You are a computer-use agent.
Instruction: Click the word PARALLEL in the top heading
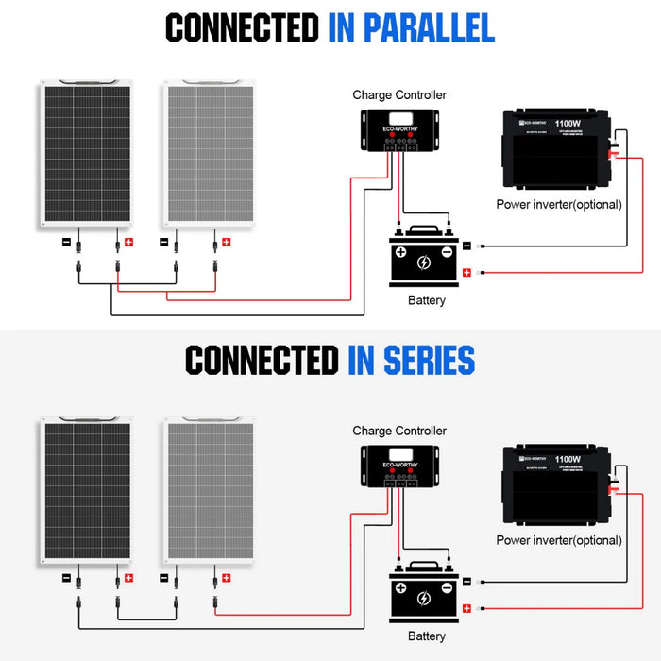(x=411, y=28)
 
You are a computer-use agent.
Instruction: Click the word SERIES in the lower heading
(x=411, y=361)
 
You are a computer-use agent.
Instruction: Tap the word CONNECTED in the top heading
(x=242, y=28)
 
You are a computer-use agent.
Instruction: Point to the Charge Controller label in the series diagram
(x=399, y=431)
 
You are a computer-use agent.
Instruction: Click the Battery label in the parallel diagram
(x=426, y=301)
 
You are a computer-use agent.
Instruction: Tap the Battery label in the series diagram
(x=426, y=636)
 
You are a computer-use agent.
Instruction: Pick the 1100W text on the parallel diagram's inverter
(x=568, y=122)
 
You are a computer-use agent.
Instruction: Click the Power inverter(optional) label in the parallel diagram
(x=559, y=204)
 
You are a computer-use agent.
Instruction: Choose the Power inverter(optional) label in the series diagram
(x=559, y=540)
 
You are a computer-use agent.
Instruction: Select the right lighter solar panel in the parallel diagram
(x=209, y=154)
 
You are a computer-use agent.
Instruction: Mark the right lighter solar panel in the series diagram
(x=209, y=490)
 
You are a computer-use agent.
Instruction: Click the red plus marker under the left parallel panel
(x=129, y=242)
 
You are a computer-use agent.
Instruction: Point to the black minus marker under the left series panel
(x=66, y=577)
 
